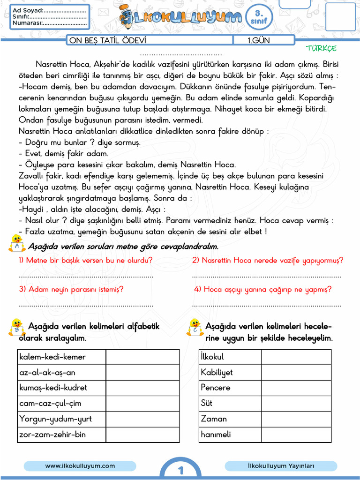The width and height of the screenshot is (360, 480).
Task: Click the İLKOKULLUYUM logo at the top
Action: click(x=180, y=18)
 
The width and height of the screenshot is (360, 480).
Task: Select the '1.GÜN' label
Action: click(x=259, y=40)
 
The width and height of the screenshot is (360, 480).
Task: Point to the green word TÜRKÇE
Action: click(x=321, y=48)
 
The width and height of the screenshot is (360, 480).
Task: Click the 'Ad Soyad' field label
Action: click(x=27, y=10)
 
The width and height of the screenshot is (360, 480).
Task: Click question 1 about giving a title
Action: click(x=85, y=260)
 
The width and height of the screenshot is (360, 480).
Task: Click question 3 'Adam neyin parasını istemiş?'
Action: click(x=71, y=289)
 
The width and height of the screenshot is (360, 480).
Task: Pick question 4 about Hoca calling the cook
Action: click(x=262, y=289)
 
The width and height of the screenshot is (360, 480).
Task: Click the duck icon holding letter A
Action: click(x=17, y=243)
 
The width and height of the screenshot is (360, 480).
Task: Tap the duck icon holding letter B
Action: click(x=17, y=327)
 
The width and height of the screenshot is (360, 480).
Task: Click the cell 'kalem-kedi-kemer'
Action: click(x=52, y=357)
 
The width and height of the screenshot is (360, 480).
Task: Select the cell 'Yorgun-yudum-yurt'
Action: click(x=55, y=419)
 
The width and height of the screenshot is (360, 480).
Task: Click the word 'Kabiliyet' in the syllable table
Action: click(x=217, y=372)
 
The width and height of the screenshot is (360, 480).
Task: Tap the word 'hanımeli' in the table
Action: click(x=216, y=434)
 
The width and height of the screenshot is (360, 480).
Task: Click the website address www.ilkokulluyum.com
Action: click(x=80, y=465)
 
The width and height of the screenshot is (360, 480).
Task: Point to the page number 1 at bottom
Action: click(x=180, y=470)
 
